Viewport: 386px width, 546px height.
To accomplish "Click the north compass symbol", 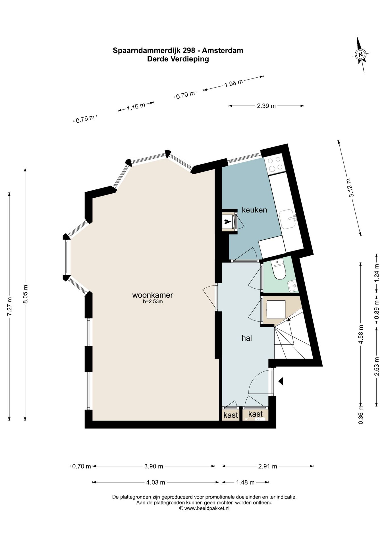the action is (x=361, y=54).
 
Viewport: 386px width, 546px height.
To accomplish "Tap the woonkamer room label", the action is (x=153, y=295).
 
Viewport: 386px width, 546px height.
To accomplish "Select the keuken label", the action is (x=254, y=210).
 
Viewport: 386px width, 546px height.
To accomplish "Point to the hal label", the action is (x=247, y=338).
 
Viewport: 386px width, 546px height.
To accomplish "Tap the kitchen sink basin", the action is (x=288, y=219).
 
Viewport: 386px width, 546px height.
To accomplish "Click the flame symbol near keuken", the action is (x=227, y=222).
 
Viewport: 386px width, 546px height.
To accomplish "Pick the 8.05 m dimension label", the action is (x=25, y=294).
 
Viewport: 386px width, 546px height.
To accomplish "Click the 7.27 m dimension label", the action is (x=10, y=306).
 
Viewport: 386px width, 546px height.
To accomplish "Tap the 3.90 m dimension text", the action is (x=153, y=466).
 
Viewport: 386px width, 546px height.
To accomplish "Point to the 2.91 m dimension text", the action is (x=267, y=466).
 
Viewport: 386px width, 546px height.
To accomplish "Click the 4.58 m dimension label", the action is (x=361, y=334).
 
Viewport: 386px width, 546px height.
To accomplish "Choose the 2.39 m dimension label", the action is (x=266, y=106).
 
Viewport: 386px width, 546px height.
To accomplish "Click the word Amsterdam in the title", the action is (x=223, y=51).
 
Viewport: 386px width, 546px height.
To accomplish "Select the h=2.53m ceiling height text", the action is (x=153, y=301).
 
